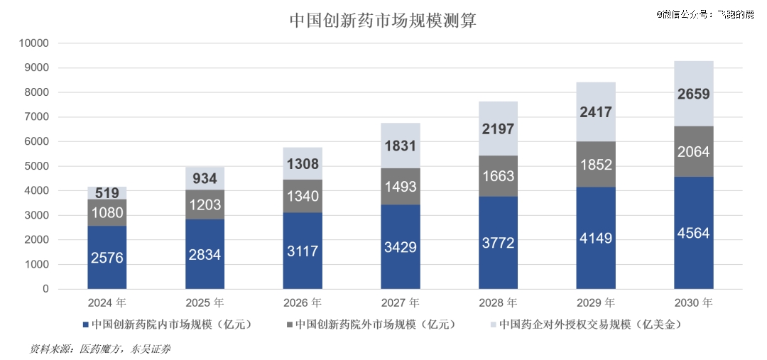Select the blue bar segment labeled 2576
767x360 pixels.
(x=107, y=258)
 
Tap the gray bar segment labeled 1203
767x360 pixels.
(x=205, y=204)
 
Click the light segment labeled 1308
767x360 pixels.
(x=303, y=164)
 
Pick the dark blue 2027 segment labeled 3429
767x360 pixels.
(x=401, y=248)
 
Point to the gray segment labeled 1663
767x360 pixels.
(x=498, y=176)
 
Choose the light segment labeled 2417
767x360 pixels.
(x=595, y=112)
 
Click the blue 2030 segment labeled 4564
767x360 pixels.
(x=693, y=233)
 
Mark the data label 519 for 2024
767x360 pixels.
(x=107, y=192)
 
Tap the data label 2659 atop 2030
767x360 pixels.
(x=693, y=94)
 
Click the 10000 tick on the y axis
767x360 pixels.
(x=33, y=43)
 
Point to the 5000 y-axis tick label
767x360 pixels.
(x=36, y=166)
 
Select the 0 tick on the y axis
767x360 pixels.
(x=45, y=289)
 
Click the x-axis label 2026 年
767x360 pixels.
(x=303, y=302)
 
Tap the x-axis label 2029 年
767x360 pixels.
(x=595, y=302)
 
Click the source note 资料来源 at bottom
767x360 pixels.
(x=100, y=349)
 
